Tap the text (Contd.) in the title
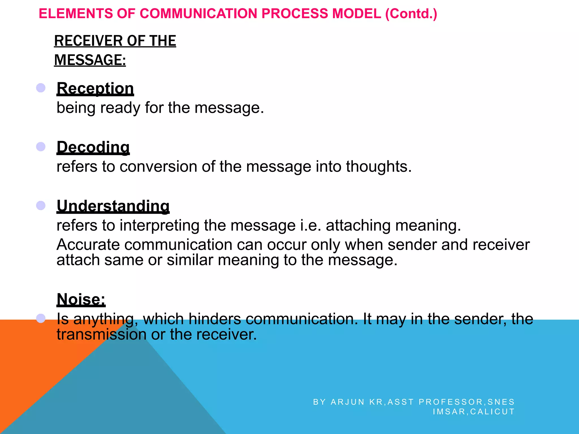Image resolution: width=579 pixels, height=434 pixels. pyautogui.click(x=411, y=14)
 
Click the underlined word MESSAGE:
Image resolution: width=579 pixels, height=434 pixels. pyautogui.click(x=90, y=60)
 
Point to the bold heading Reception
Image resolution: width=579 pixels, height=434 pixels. pyautogui.click(x=95, y=88)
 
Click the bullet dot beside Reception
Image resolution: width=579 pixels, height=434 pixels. pyautogui.click(x=41, y=88)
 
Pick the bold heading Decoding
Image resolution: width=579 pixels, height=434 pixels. pyautogui.click(x=93, y=147)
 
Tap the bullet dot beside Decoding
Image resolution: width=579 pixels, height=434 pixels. pyautogui.click(x=41, y=146)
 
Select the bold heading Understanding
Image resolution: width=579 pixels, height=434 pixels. pyautogui.click(x=113, y=206)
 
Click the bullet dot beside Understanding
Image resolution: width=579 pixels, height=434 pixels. pyautogui.click(x=41, y=205)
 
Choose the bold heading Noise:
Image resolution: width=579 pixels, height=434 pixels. pyautogui.click(x=81, y=299)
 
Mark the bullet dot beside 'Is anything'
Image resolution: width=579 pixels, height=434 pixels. pyautogui.click(x=41, y=318)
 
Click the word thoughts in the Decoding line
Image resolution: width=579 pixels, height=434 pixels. pyautogui.click(x=379, y=166)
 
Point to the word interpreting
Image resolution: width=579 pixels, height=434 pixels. pyautogui.click(x=159, y=225)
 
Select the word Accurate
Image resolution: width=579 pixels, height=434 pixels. pyautogui.click(x=88, y=245)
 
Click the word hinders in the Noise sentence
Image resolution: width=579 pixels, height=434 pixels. pyautogui.click(x=215, y=319)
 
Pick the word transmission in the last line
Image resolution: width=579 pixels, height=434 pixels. pyautogui.click(x=101, y=334)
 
